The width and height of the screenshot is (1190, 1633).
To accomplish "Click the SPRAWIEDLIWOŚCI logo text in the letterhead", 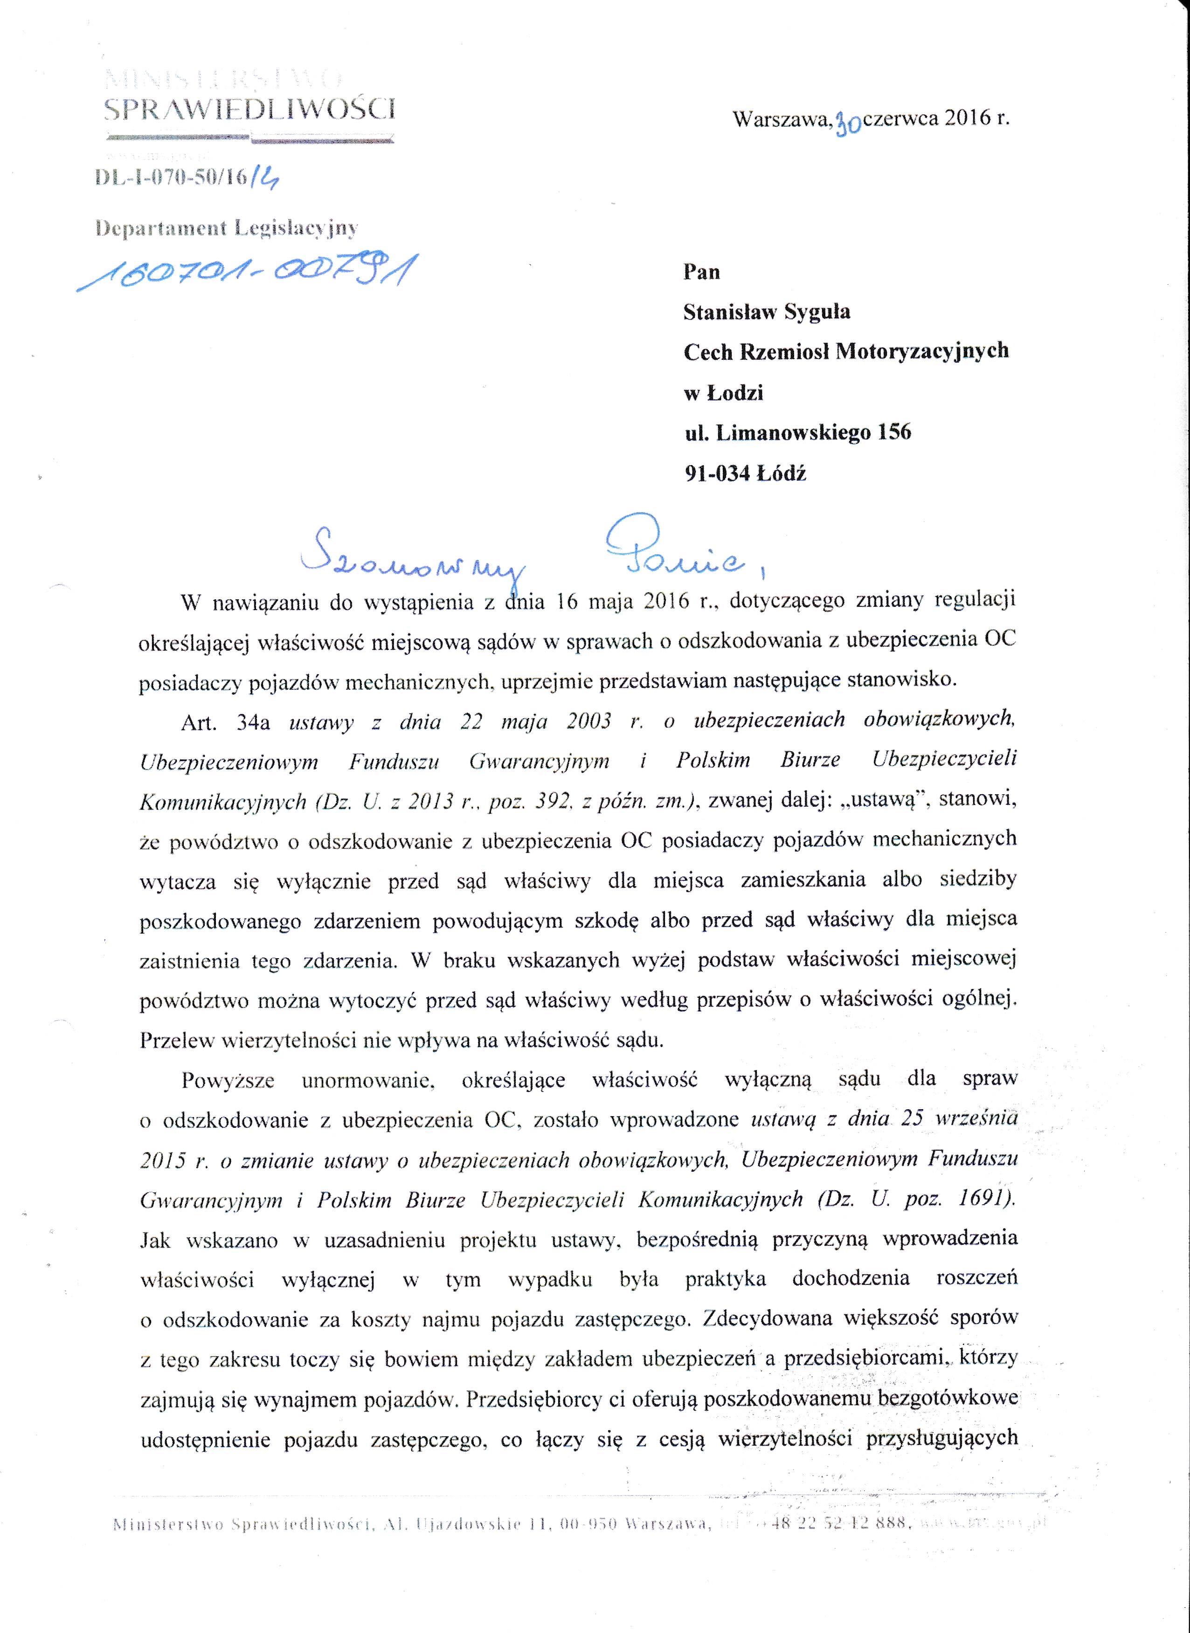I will [249, 109].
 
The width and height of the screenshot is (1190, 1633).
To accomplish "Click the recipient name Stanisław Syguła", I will [767, 312].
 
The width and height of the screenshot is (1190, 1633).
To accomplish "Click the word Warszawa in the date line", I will [782, 119].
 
